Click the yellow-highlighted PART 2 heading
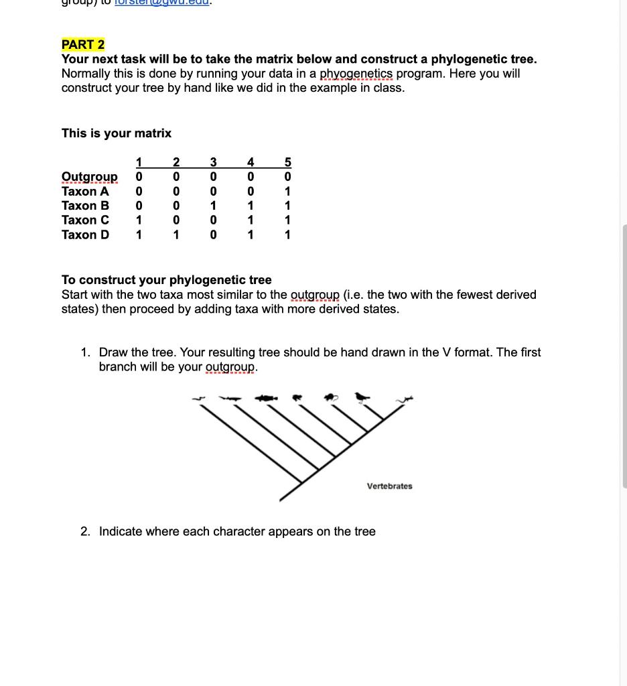tap(83, 45)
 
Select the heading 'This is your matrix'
tap(117, 133)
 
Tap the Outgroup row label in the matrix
tap(89, 177)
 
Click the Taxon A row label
tap(85, 192)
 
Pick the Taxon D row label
tap(85, 235)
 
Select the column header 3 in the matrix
tap(213, 162)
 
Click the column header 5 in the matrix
tap(287, 162)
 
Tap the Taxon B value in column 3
tap(213, 206)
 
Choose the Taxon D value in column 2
tap(176, 235)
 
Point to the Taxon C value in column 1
tap(139, 220)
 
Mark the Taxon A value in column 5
tap(287, 192)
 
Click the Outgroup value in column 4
tap(250, 177)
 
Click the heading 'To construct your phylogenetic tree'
tap(167, 280)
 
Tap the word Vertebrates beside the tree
tap(389, 486)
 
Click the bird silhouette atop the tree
tap(362, 397)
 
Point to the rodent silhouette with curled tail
tap(331, 398)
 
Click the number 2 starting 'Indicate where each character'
tap(85, 532)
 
